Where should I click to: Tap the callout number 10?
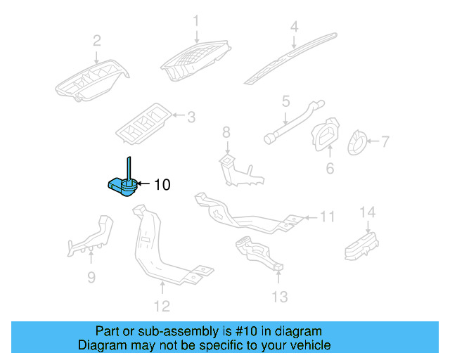point(162,185)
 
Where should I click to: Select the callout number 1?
point(197,21)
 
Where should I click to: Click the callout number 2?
point(97,40)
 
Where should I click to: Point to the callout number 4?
point(295,27)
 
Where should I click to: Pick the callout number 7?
point(385,141)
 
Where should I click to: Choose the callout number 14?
point(367,212)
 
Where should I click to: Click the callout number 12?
point(162,306)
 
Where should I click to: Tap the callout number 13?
point(280,297)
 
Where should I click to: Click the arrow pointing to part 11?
point(309,217)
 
